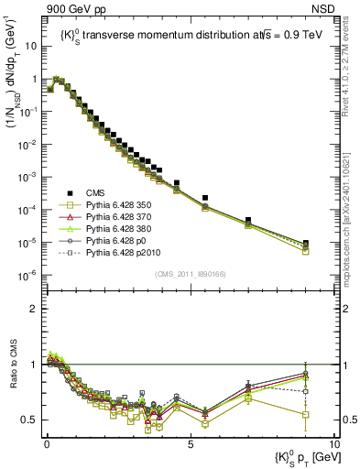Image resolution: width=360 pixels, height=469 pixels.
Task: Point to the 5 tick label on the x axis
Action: [190, 443]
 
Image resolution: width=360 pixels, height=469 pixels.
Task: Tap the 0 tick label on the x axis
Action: [46, 443]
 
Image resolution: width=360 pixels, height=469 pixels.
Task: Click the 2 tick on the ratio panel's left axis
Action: [34, 309]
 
